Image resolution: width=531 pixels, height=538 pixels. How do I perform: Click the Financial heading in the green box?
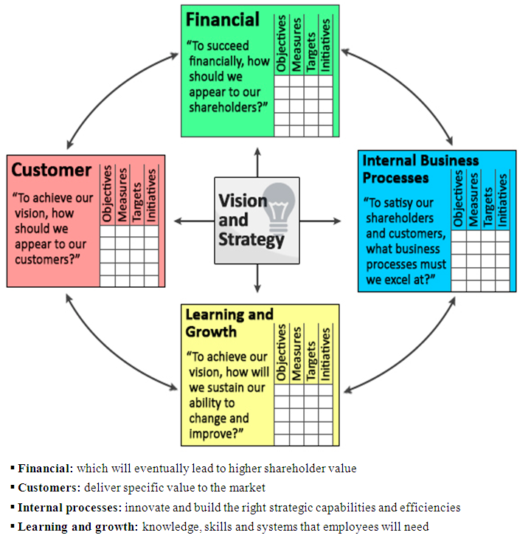pyautogui.click(x=223, y=20)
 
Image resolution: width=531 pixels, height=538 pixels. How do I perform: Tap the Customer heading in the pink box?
pyautogui.click(x=52, y=170)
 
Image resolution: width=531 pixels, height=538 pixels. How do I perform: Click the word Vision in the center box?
pyautogui.click(x=243, y=201)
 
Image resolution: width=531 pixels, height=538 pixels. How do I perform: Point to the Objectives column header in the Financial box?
pyautogui.click(x=281, y=44)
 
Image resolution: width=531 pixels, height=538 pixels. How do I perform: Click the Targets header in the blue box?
pyautogui.click(x=487, y=201)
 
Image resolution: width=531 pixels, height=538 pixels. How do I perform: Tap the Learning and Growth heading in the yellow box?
pyautogui.click(x=229, y=323)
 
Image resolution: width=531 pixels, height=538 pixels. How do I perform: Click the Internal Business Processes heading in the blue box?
pyautogui.click(x=420, y=169)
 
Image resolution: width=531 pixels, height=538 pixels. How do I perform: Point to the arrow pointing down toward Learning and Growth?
pyautogui.click(x=257, y=279)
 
